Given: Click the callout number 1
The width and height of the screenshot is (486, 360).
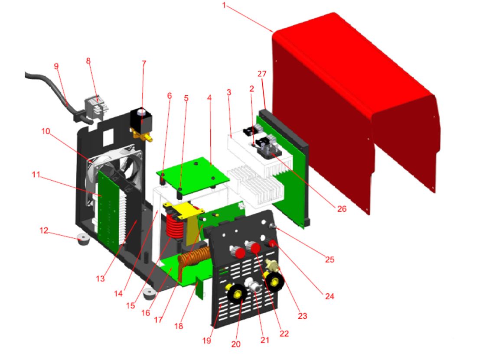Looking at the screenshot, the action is tap(225, 5).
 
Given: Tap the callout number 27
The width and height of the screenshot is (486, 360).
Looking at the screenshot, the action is tap(262, 73).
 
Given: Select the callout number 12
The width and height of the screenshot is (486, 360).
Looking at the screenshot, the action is tap(44, 230).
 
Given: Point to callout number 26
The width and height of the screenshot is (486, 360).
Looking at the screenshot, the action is tap(342, 209).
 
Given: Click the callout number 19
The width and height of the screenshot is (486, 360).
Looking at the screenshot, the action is tap(207, 341).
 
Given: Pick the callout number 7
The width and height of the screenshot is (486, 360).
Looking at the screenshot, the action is tap(144, 64).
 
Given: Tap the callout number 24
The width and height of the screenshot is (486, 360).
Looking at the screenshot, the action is tap(329, 296).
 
